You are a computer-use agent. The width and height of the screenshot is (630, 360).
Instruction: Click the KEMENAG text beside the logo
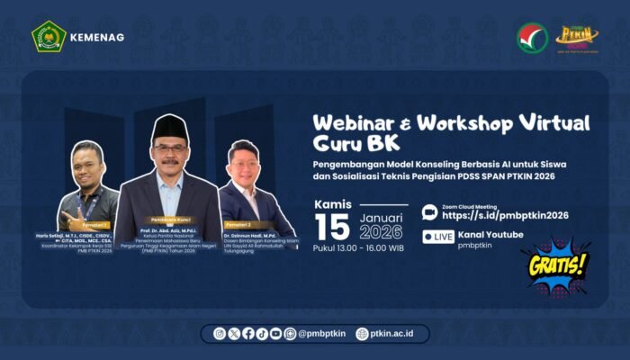100,37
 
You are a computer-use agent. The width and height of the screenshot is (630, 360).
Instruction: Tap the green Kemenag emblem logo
49,36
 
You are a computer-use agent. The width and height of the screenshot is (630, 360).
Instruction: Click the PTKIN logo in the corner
577,37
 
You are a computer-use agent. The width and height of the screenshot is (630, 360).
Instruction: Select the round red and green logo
532,38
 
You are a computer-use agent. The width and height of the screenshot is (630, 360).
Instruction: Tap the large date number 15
332,227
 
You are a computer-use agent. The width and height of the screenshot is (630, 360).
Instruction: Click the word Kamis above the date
333,204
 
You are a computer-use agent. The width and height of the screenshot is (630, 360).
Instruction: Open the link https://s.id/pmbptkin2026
505,216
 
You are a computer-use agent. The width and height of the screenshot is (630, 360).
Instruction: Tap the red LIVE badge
438,237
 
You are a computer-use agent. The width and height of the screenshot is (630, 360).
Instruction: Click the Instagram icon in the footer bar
220,333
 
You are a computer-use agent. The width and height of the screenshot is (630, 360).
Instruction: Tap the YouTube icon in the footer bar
275,333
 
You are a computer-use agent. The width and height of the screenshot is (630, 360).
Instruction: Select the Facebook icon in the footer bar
247,333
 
